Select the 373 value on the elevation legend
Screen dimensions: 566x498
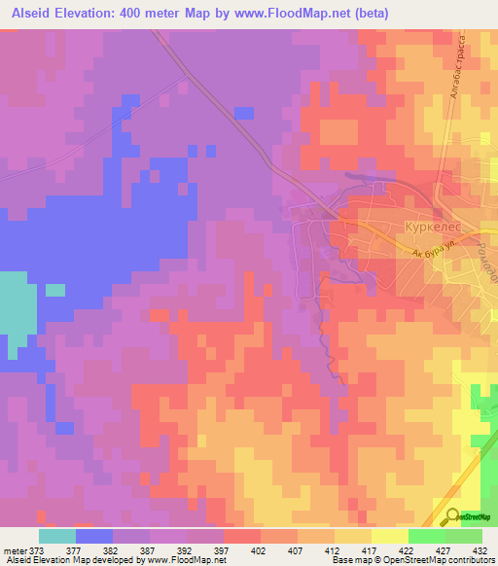click(35, 549)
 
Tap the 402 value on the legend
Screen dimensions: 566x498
click(258, 549)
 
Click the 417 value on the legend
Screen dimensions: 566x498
click(368, 549)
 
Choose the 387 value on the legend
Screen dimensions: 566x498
click(146, 549)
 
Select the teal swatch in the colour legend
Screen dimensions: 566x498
click(56, 536)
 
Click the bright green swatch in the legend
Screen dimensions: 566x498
click(427, 536)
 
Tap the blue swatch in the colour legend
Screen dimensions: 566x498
click(93, 536)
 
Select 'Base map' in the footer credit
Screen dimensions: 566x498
click(344, 560)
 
